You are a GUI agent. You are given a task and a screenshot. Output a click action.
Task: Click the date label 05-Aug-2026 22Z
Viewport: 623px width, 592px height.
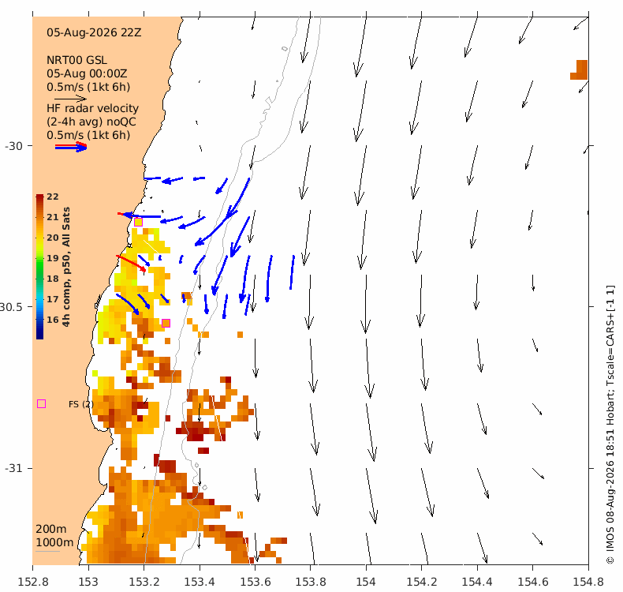(x=94, y=32)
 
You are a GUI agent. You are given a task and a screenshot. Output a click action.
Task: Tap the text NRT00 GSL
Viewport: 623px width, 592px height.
(x=76, y=61)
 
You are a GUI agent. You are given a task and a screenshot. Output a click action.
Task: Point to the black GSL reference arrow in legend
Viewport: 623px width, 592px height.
(x=70, y=99)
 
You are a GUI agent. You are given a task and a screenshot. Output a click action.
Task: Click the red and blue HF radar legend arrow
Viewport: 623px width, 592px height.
(x=71, y=147)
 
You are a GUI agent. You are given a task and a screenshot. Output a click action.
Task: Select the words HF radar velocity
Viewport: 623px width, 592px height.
(x=92, y=109)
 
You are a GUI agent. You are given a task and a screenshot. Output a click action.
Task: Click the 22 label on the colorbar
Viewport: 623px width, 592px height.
(x=53, y=197)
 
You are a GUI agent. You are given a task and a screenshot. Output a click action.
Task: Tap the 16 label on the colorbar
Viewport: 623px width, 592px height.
(x=53, y=320)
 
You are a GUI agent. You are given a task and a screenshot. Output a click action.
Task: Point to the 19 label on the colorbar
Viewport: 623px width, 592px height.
(x=53, y=258)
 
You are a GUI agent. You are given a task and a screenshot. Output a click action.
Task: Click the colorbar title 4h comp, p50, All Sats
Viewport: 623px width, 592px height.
(x=66, y=267)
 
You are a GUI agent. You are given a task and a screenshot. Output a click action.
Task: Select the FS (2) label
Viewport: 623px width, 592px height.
(x=81, y=404)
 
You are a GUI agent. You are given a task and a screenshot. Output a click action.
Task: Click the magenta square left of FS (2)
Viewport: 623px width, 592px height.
(x=41, y=404)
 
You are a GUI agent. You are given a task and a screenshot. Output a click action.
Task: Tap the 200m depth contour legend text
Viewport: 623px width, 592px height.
(x=51, y=529)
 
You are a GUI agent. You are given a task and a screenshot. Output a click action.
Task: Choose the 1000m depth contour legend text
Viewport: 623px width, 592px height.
(x=54, y=543)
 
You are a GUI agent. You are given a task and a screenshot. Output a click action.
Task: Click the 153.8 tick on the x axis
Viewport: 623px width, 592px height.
(x=311, y=582)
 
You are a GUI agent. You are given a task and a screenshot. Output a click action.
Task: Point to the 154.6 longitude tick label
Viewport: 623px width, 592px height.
(x=533, y=582)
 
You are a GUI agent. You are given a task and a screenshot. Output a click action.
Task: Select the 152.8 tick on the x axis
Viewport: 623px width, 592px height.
(x=33, y=582)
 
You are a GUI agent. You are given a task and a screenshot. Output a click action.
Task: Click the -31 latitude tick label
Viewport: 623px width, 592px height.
(x=13, y=468)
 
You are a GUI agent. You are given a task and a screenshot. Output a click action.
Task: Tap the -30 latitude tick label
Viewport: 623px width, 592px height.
(x=13, y=146)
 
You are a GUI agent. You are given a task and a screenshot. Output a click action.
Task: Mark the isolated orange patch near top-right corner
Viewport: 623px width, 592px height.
(x=580, y=69)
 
